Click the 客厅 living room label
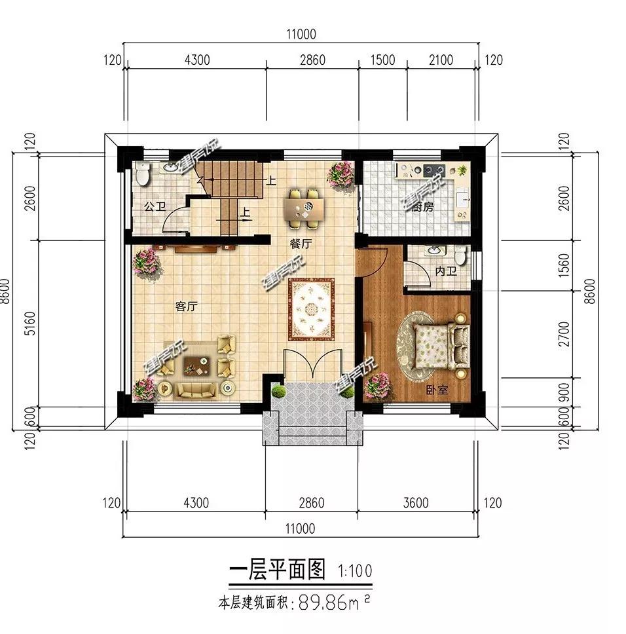pyautogui.click(x=187, y=306)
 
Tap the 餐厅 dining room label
pyautogui.click(x=301, y=242)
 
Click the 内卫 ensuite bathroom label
pyautogui.click(x=446, y=271)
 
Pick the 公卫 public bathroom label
pyautogui.click(x=155, y=207)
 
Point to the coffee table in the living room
pyautogui.click(x=197, y=365)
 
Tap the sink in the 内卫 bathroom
pyautogui.click(x=433, y=252)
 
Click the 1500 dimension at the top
pyautogui.click(x=382, y=60)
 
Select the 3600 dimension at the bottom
pyautogui.click(x=416, y=503)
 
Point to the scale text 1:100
pyautogui.click(x=355, y=570)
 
